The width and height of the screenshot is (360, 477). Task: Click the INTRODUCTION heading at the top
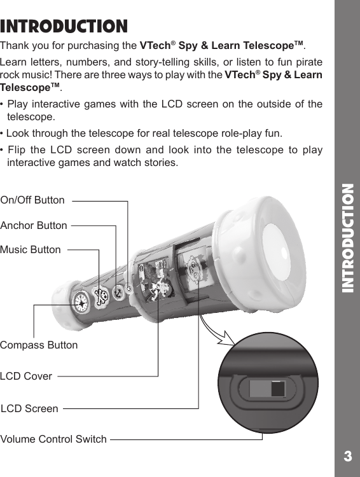click(x=64, y=27)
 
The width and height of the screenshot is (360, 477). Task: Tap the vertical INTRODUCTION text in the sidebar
click(x=347, y=238)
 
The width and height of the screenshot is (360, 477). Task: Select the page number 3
click(x=347, y=456)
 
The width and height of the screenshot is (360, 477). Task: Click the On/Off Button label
click(x=32, y=200)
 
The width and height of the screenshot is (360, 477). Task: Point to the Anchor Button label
click(x=34, y=225)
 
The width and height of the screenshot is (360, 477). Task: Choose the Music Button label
click(x=31, y=249)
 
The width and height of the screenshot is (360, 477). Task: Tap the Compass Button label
click(x=39, y=345)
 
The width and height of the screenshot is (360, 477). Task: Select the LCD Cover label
click(x=26, y=376)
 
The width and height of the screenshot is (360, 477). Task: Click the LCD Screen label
click(x=29, y=408)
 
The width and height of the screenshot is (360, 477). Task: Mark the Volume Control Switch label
click(x=53, y=439)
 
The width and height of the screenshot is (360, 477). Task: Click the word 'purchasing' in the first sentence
click(x=111, y=46)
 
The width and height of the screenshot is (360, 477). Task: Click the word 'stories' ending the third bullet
click(x=160, y=163)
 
